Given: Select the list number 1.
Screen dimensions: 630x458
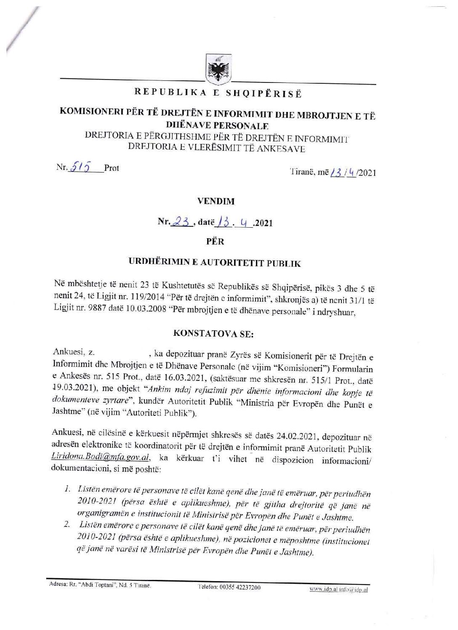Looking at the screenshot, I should (67, 489).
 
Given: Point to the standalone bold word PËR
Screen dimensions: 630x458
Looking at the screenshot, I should (216, 242).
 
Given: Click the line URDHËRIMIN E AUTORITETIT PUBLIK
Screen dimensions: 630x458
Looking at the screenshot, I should (214, 264).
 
